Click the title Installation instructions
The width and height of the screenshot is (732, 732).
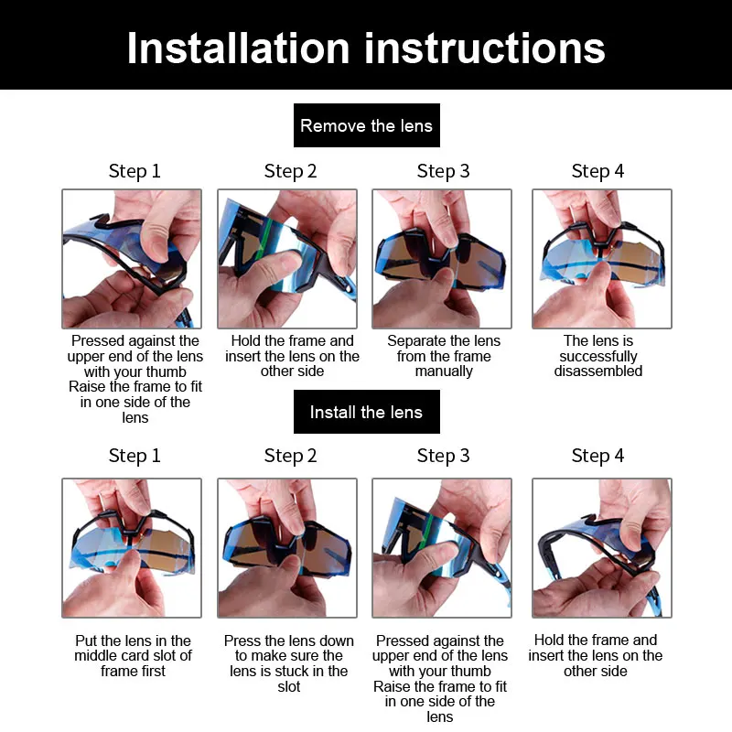click(366, 48)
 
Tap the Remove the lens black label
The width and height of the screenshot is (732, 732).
click(367, 125)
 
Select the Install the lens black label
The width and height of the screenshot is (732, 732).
click(367, 412)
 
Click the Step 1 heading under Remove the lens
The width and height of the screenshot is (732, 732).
click(135, 171)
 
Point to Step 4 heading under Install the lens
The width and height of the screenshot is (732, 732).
click(597, 456)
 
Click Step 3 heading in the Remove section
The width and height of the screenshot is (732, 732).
click(443, 171)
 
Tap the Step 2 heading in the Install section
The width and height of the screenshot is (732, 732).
click(290, 456)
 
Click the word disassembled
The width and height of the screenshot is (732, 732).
click(598, 371)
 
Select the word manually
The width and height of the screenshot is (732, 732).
click(444, 371)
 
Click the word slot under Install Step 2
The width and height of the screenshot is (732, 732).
click(288, 687)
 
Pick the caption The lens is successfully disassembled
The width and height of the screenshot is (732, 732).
click(598, 356)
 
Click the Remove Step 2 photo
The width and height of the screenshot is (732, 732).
click(287, 259)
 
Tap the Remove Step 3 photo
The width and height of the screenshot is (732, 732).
click(442, 259)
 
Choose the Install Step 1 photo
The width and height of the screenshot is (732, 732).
click(132, 548)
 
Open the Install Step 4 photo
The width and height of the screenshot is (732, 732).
click(602, 548)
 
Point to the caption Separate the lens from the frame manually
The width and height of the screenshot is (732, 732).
click(444, 356)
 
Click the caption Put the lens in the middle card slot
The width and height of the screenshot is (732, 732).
click(133, 655)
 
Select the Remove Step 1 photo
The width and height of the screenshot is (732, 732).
click(132, 259)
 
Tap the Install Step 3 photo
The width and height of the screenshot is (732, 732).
click(442, 548)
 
